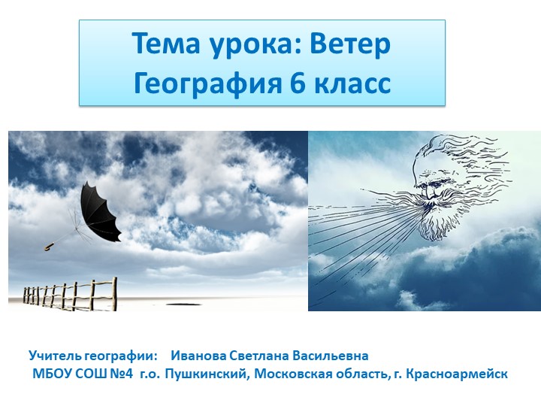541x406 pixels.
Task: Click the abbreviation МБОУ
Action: [50, 373]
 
